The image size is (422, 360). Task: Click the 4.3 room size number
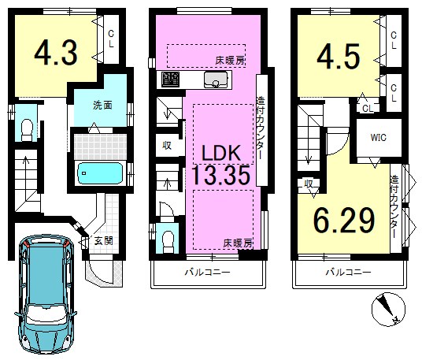(56, 53)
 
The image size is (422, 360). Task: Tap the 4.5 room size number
(339, 57)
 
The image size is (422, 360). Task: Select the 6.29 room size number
(344, 221)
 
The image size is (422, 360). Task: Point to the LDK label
(221, 153)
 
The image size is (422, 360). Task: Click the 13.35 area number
(220, 176)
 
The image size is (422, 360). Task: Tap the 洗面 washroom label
(102, 106)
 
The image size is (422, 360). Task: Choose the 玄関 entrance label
(104, 241)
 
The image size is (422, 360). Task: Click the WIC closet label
(379, 138)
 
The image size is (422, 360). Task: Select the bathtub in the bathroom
(100, 173)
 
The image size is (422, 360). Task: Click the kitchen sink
(216, 80)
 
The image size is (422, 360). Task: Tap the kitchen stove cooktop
(171, 80)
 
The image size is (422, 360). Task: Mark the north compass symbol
(388, 310)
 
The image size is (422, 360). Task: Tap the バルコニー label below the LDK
(208, 273)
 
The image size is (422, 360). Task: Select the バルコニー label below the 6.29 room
(349, 273)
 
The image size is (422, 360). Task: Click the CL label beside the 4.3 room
(111, 39)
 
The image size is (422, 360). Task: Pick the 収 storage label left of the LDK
(167, 146)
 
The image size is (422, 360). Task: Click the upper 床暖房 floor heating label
(230, 61)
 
